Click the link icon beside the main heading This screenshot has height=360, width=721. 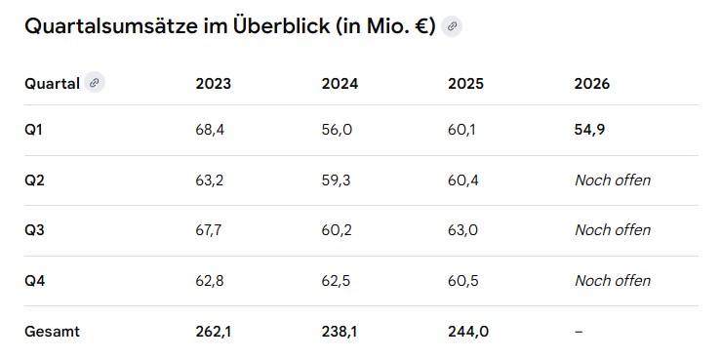(452, 26)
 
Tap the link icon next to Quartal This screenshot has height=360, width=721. (95, 83)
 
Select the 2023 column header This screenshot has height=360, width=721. (214, 84)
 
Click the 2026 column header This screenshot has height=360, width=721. (592, 84)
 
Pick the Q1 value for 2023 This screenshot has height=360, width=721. (210, 130)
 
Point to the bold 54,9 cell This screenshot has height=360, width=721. (589, 130)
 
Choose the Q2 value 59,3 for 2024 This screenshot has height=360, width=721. (336, 180)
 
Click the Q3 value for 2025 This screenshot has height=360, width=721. (462, 230)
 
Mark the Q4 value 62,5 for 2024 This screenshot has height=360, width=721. (336, 280)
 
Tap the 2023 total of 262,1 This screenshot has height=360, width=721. (214, 331)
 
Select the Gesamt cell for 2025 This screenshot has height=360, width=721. (468, 331)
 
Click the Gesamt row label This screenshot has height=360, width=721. (52, 331)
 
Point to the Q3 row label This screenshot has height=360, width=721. (34, 230)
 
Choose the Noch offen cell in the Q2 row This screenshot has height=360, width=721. (613, 180)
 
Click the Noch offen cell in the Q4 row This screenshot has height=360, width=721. (613, 280)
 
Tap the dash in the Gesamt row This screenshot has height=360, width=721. (579, 331)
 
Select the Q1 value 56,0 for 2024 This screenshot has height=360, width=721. (337, 130)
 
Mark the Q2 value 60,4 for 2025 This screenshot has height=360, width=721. (463, 180)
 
